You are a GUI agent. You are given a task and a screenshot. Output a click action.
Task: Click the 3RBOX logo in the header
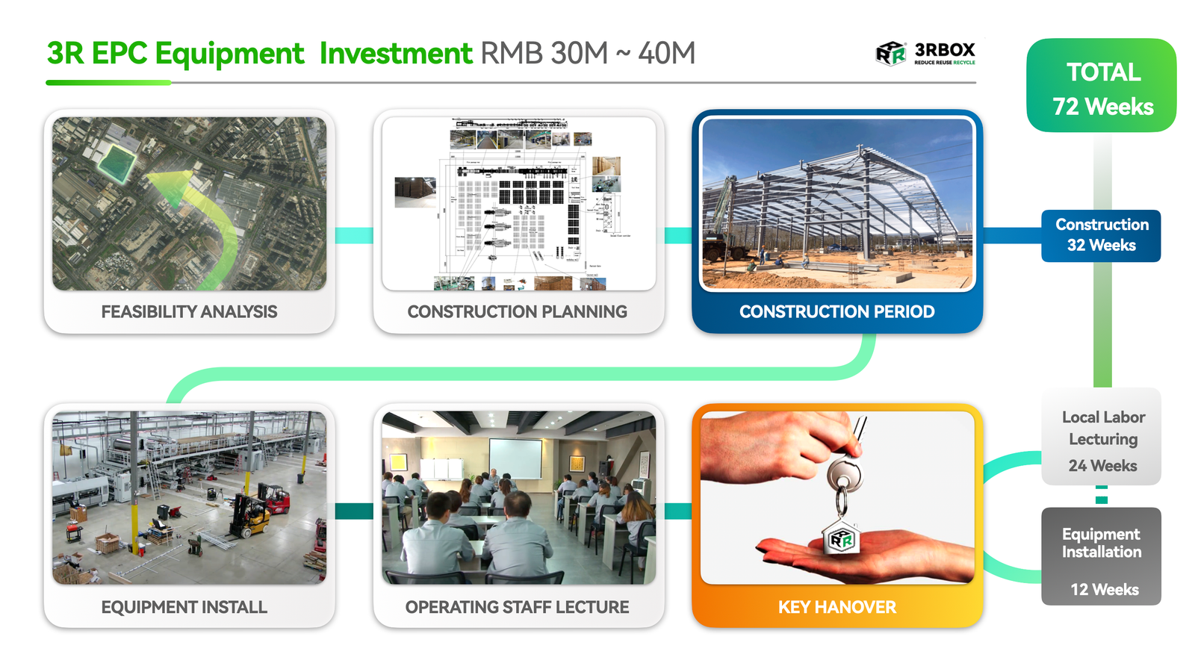tap(925, 53)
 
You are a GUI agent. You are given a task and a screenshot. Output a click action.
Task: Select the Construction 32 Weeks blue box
tap(1101, 235)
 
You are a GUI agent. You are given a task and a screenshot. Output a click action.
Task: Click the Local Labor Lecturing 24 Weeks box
tap(1102, 439)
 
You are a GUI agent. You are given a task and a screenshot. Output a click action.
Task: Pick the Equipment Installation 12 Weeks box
tap(1102, 556)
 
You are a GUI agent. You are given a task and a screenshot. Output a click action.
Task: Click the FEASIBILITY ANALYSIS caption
tap(189, 311)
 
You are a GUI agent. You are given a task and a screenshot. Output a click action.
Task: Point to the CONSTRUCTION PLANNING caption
tap(517, 311)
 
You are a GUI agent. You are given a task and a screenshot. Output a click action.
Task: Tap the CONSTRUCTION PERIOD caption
tap(836, 311)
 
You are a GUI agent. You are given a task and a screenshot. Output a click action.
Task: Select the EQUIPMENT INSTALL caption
tap(184, 607)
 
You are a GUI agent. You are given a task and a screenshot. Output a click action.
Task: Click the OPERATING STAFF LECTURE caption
tap(517, 607)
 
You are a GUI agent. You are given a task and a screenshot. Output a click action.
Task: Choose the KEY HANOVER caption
tap(836, 607)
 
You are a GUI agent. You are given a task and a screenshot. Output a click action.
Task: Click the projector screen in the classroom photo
tap(515, 458)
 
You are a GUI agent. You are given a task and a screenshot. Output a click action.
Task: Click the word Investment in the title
tap(396, 54)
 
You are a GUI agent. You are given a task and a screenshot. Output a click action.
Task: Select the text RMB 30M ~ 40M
tap(588, 54)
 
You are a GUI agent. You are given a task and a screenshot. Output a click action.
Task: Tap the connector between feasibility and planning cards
tap(354, 235)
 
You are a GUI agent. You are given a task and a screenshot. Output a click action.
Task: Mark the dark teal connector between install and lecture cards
tap(354, 511)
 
